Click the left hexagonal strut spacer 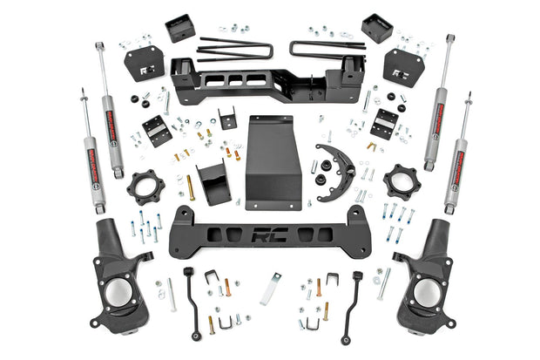pos(144,187)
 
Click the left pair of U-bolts pos(233,49)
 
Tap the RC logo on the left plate pos(145,65)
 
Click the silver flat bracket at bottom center pos(271,289)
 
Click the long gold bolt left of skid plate pos(191,188)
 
